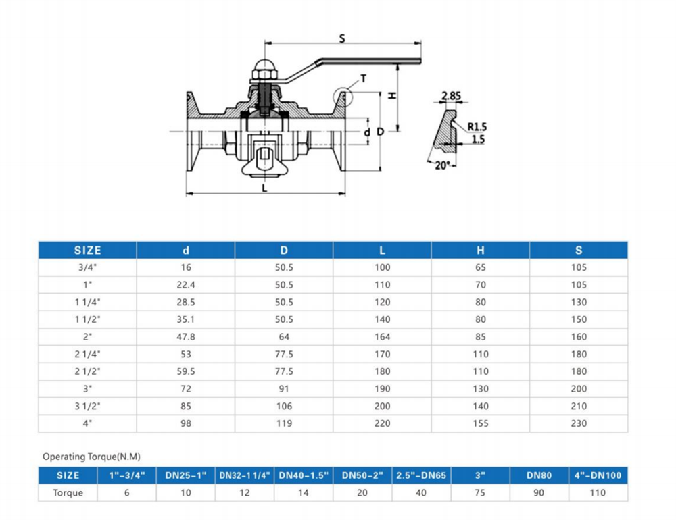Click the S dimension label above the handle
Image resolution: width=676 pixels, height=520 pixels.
click(x=342, y=38)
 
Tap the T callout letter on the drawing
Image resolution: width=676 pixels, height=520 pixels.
click(x=364, y=78)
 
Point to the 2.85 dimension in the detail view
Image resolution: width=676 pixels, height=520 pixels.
click(x=451, y=96)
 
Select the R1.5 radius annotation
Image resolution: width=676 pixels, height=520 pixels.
click(x=477, y=127)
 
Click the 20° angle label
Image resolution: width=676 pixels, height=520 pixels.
click(x=443, y=165)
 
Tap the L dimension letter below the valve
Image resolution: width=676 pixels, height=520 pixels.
click(x=264, y=188)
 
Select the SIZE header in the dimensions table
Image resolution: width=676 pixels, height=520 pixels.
click(x=87, y=251)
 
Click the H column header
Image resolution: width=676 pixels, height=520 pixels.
click(x=480, y=251)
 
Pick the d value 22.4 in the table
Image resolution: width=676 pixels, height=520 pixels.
click(x=186, y=285)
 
